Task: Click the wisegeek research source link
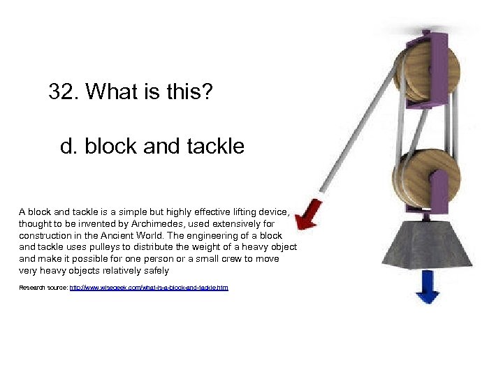point(149,287)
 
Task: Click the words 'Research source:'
point(43,287)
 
